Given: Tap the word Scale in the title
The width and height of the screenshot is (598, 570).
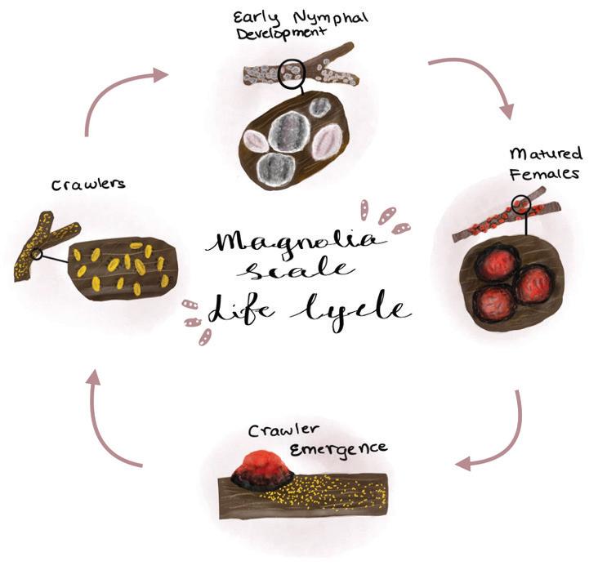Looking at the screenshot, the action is pyautogui.click(x=297, y=271).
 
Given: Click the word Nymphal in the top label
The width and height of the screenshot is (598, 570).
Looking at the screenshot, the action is pyautogui.click(x=331, y=19).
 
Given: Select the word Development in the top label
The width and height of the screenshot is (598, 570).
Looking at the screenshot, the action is pyautogui.click(x=282, y=33).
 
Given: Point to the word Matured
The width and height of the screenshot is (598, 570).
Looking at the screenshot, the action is pyautogui.click(x=547, y=154).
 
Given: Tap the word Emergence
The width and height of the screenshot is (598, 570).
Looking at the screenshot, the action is pyautogui.click(x=339, y=449).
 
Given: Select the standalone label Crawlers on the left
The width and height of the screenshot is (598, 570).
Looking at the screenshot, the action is pyautogui.click(x=88, y=185).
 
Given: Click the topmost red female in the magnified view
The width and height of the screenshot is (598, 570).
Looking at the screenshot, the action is pyautogui.click(x=498, y=261).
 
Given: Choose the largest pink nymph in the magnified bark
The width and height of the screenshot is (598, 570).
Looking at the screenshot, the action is pyautogui.click(x=328, y=143).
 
